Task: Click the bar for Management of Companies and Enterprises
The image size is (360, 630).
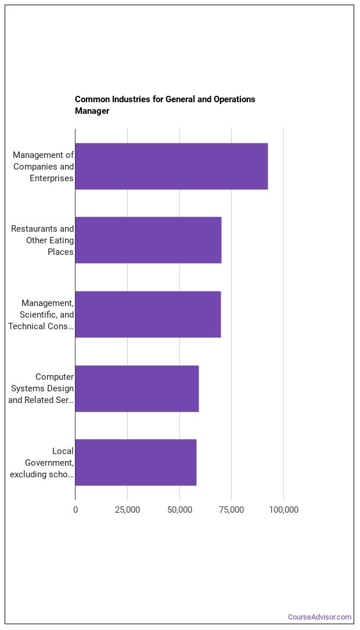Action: click(171, 166)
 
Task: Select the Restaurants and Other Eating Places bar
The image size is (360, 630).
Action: click(148, 240)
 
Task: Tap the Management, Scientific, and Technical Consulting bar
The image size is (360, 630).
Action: click(147, 314)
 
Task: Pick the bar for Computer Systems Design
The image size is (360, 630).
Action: click(136, 388)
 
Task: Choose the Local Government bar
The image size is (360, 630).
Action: click(135, 462)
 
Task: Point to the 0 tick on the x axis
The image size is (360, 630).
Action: click(75, 510)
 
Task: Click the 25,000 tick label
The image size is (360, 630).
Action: click(127, 510)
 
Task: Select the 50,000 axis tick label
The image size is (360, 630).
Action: click(179, 510)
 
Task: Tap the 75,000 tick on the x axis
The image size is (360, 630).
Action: click(231, 510)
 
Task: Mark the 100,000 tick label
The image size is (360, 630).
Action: click(283, 510)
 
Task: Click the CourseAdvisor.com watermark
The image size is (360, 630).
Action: click(320, 617)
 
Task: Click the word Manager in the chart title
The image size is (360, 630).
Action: click(92, 111)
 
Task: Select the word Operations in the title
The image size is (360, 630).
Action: click(234, 99)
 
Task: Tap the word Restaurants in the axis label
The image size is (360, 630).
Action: click(34, 229)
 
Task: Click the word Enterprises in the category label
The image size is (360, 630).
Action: click(52, 178)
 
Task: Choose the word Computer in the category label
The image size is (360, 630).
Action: click(55, 377)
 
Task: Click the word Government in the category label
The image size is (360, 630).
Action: click(49, 463)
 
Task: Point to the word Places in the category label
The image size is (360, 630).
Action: click(61, 252)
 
